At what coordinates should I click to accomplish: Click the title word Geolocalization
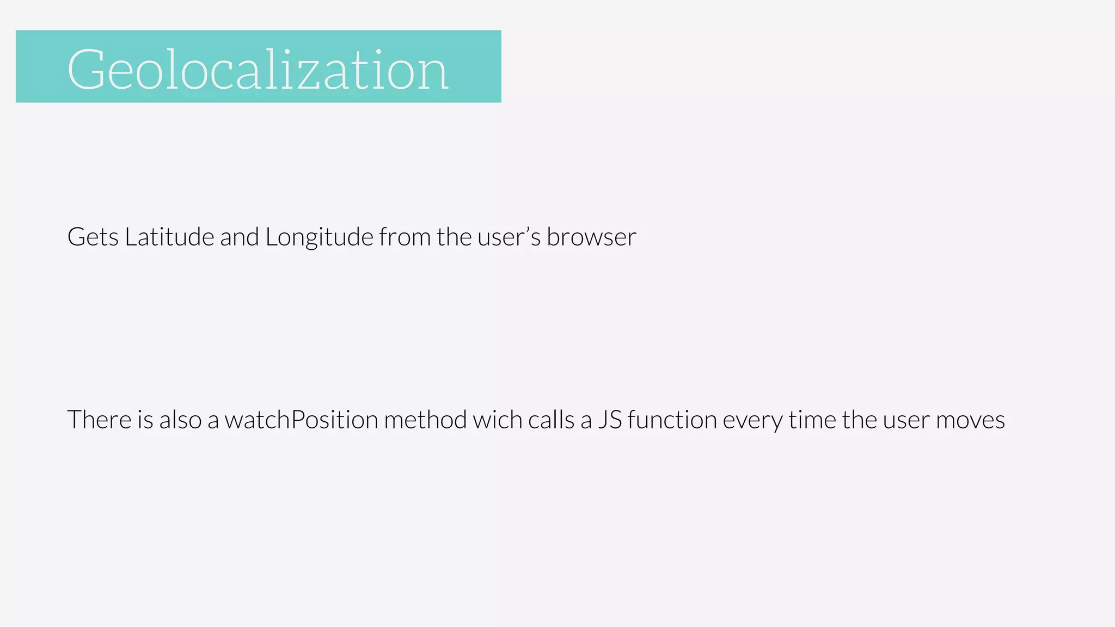258,69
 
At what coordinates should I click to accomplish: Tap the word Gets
93,237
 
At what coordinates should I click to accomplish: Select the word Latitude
169,237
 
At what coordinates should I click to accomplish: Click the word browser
591,237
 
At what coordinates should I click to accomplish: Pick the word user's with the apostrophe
509,237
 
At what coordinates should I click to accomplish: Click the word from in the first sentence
405,237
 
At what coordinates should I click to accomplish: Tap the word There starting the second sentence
100,420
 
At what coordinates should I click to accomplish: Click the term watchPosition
301,420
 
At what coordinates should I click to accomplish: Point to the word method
425,420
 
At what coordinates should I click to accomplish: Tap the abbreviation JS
610,420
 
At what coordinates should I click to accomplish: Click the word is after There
145,420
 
